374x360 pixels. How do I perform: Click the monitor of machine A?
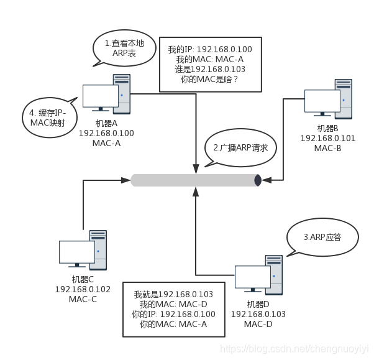(101, 96)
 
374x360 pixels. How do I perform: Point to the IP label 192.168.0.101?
(327, 138)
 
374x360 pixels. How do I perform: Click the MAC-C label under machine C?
(83, 299)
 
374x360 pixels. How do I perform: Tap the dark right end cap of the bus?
(258, 180)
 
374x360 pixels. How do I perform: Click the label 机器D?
(258, 304)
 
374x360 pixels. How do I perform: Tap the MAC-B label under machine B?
(327, 148)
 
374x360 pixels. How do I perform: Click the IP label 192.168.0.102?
(83, 289)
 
